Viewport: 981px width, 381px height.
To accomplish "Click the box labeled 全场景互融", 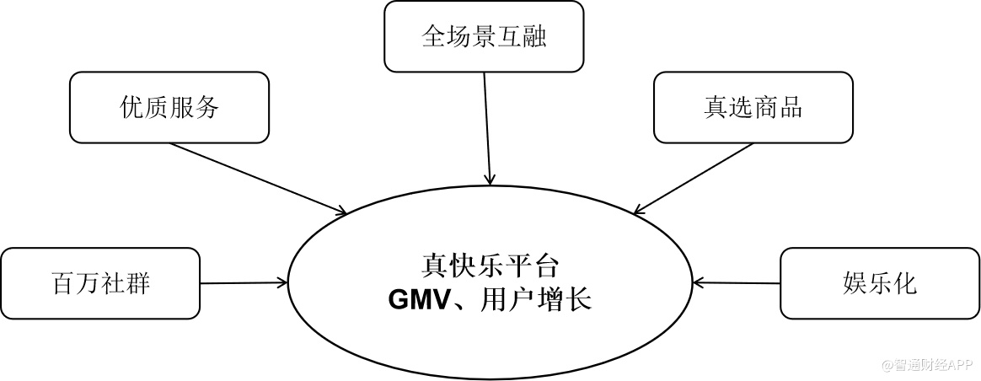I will [484, 36].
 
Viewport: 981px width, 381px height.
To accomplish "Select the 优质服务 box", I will [169, 107].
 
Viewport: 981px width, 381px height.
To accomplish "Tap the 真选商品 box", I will [753, 107].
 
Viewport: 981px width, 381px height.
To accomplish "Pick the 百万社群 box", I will [100, 283].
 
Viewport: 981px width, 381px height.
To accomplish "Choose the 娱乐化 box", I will [880, 283].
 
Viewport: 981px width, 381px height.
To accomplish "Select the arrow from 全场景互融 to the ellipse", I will [487, 126].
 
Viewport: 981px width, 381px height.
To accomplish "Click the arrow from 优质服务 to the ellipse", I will [257, 178].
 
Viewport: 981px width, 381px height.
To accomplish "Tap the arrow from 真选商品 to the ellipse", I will [694, 178].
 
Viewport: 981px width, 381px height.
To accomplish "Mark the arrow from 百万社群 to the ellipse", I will [244, 282].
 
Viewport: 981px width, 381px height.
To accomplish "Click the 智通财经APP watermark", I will [927, 366].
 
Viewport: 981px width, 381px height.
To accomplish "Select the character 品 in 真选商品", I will [790, 107].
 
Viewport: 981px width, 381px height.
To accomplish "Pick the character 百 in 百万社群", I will [63, 283].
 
